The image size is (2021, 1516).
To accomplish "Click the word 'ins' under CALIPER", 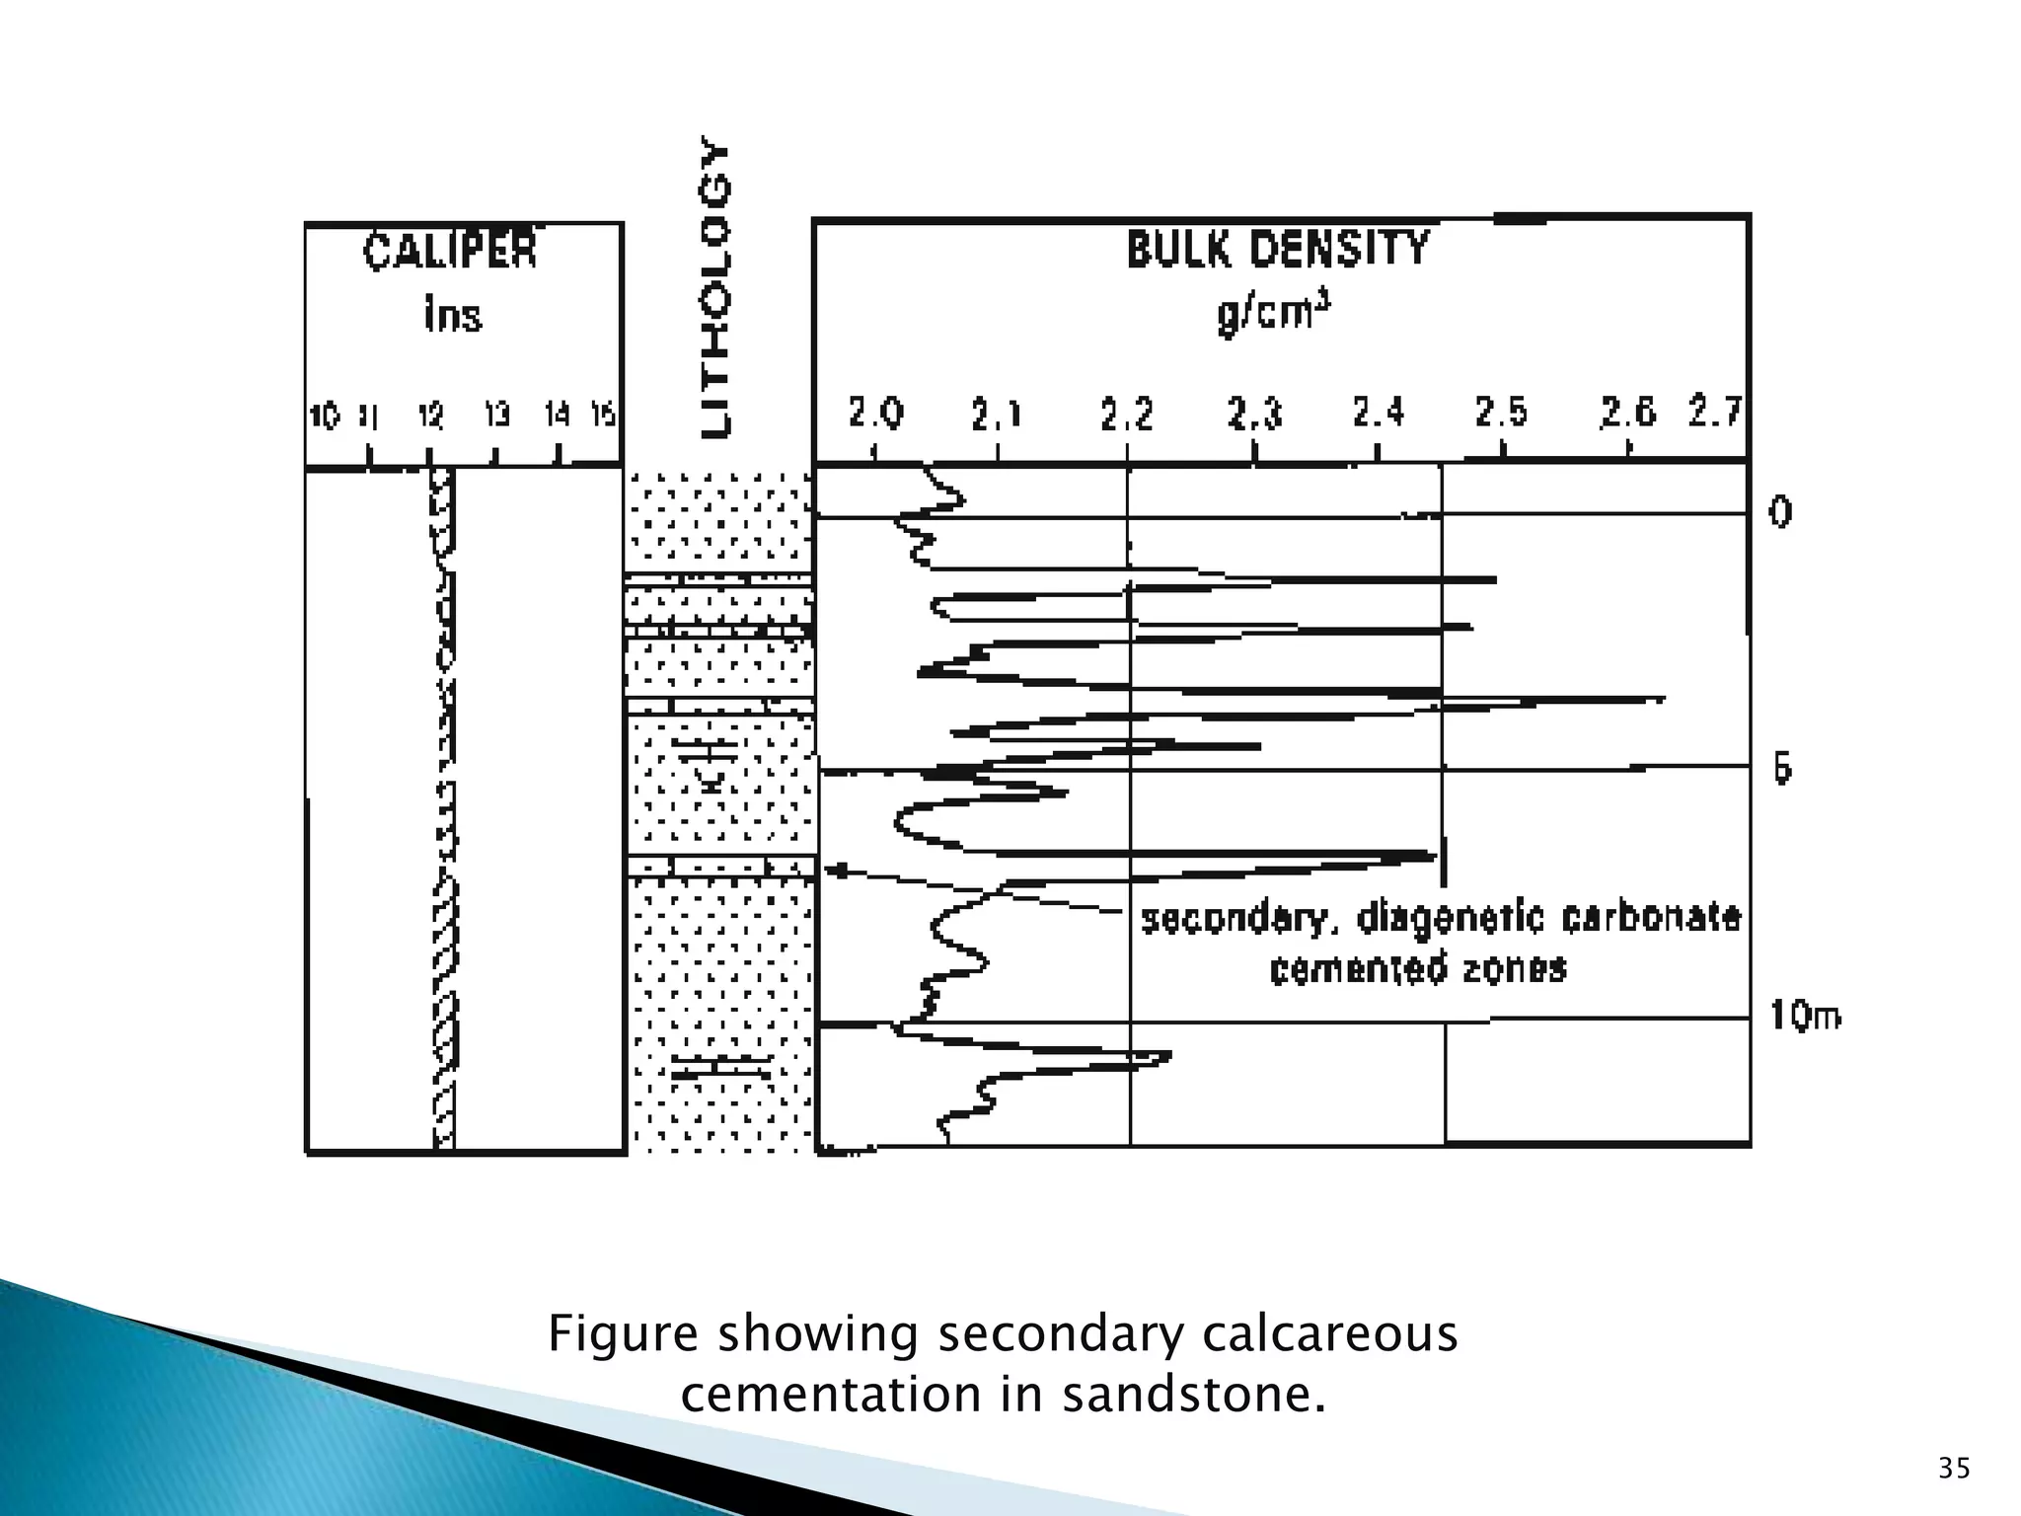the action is pyautogui.click(x=453, y=317).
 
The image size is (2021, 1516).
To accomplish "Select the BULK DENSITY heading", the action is pyautogui.click(x=1278, y=250).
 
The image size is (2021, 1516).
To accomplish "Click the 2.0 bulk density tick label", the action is pyautogui.click(x=875, y=414).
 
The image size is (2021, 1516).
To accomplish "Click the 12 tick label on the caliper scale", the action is pyautogui.click(x=430, y=417).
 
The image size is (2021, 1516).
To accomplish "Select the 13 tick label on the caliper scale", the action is pyautogui.click(x=496, y=416).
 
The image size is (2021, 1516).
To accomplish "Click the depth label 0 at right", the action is pyautogui.click(x=1779, y=511).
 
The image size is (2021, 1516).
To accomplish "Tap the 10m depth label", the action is pyautogui.click(x=1805, y=1016).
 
